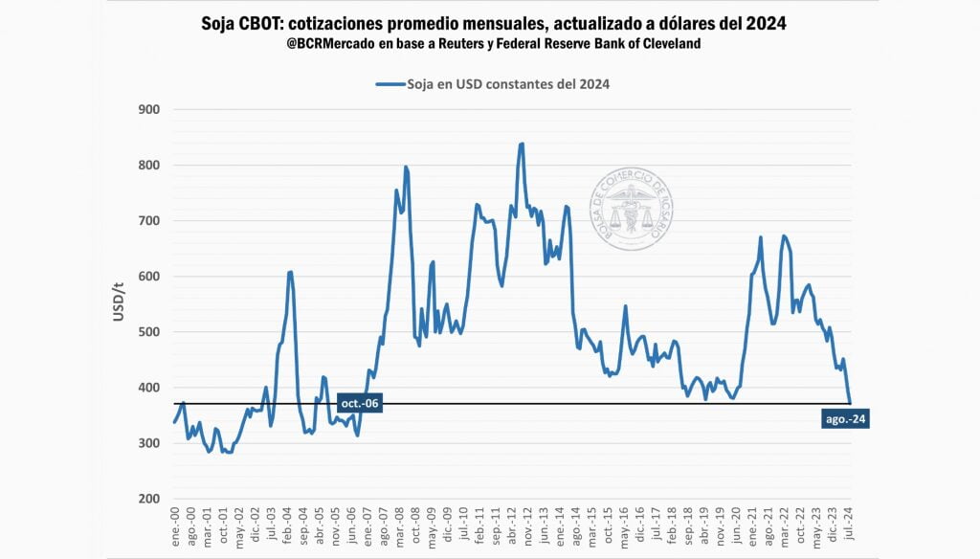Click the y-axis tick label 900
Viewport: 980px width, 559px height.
point(147,110)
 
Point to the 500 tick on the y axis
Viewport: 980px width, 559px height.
point(147,332)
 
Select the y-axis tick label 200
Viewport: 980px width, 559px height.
point(147,499)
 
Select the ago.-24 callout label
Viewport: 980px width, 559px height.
point(845,418)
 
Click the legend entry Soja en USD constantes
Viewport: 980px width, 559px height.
point(493,84)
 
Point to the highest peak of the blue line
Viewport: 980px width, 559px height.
point(522,144)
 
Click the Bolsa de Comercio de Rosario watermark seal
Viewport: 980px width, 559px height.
point(632,211)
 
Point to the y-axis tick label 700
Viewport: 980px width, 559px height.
point(147,221)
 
